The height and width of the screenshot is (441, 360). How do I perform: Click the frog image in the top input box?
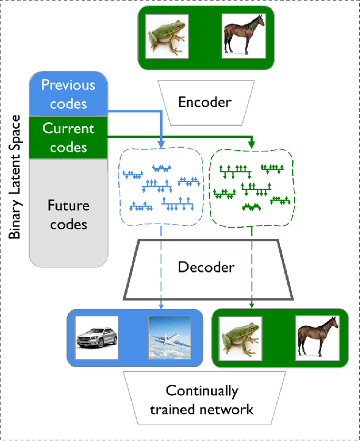[x=167, y=37]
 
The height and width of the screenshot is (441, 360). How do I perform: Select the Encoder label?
[x=204, y=101]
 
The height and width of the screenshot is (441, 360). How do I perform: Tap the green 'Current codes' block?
[x=68, y=138]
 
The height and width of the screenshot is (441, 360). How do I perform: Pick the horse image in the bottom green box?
[x=317, y=338]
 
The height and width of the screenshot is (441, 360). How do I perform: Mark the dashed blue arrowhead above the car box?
[x=161, y=307]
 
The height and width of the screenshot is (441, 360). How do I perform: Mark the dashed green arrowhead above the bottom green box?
[x=252, y=307]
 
